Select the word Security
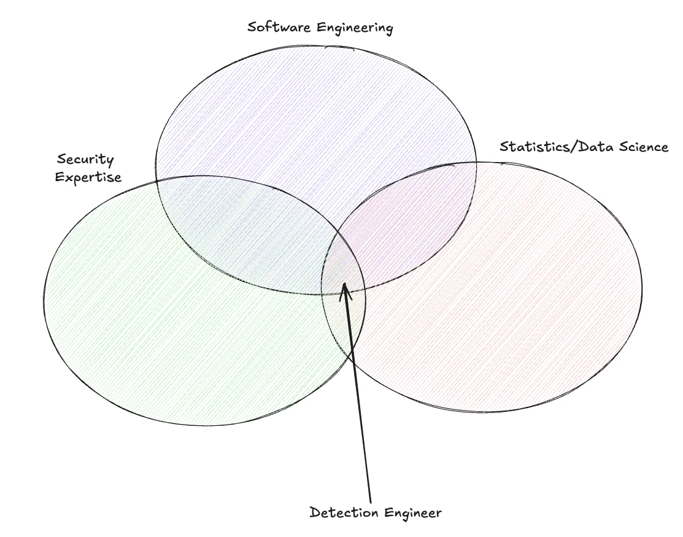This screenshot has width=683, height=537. tap(85, 160)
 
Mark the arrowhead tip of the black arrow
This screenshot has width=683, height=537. tap(345, 283)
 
